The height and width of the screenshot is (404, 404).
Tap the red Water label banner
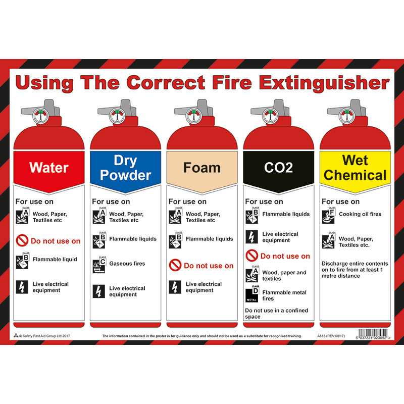coord(49,167)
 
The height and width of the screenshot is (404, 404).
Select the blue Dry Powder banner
coord(125,167)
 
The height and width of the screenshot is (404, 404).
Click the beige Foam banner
coord(202,167)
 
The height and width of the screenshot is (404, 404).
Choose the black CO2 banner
coord(278,167)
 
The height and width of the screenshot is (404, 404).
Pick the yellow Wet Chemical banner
coord(355,167)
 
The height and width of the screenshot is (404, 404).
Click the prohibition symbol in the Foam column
coord(175,265)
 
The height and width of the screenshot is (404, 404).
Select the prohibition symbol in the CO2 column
coord(251,256)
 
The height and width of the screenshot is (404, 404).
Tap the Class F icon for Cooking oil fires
coord(328,216)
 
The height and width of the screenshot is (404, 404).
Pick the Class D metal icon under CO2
coord(251,294)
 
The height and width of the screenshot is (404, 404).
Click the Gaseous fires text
coord(127,264)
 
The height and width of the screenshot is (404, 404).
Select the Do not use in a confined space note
coord(276,314)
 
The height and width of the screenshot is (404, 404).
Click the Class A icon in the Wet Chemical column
coord(328,241)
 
